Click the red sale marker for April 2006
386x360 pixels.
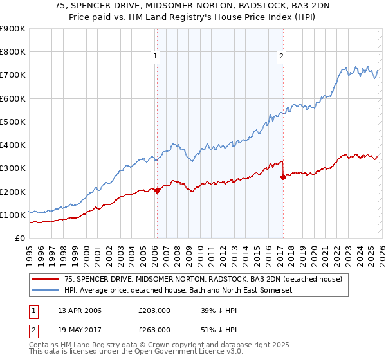(x=156, y=191)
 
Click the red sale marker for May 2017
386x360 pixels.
(x=282, y=177)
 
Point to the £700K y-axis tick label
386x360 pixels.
(x=13, y=75)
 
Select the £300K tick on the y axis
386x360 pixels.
(x=13, y=168)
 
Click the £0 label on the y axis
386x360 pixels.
(x=19, y=239)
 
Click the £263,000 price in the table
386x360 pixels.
(x=154, y=329)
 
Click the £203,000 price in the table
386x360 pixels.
(x=154, y=310)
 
